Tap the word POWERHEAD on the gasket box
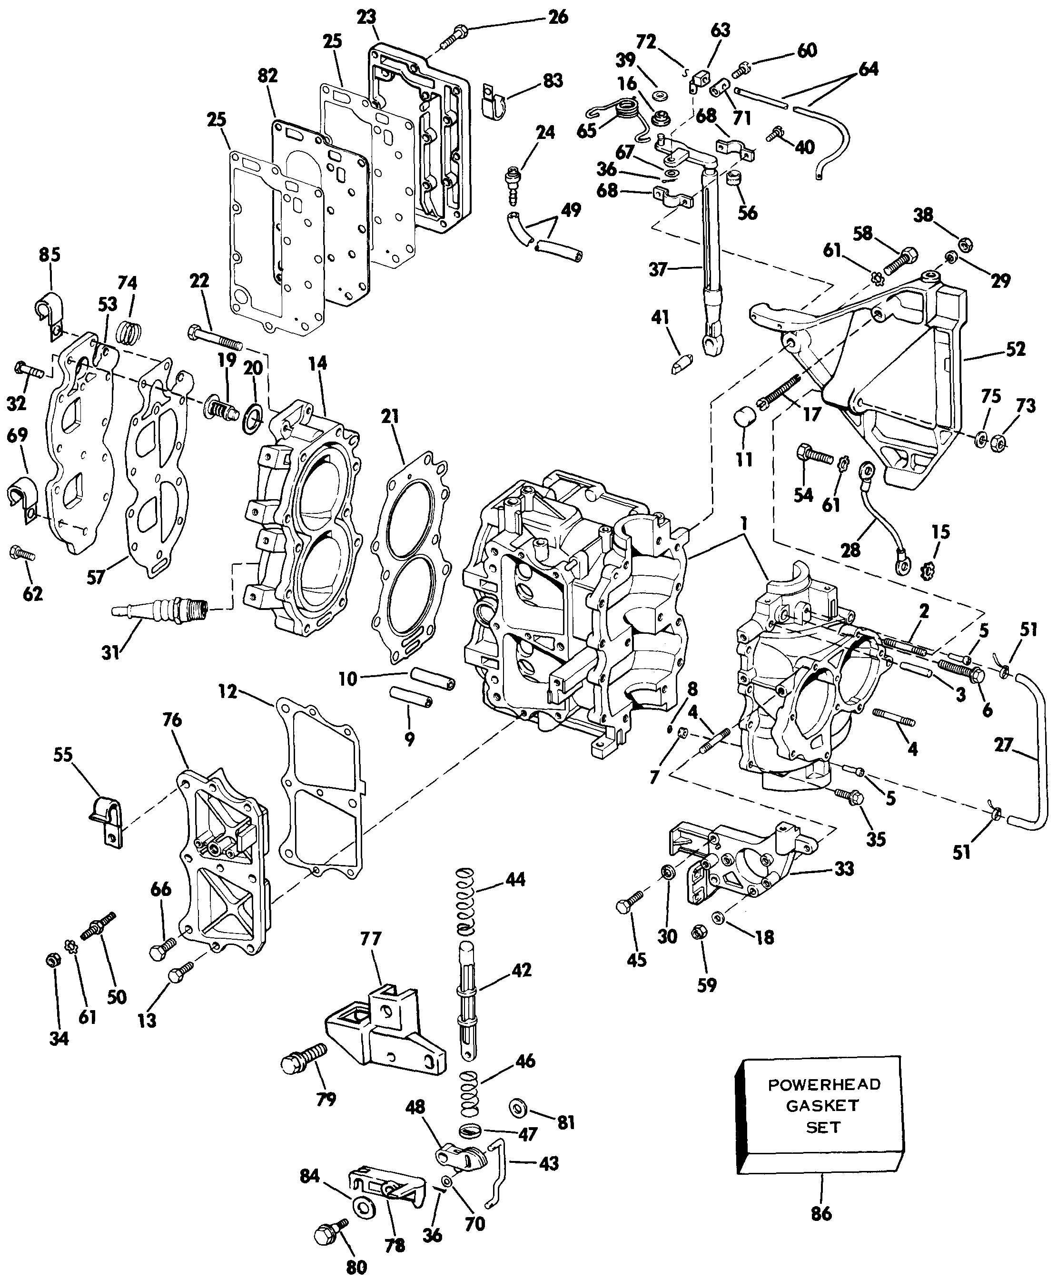click(x=824, y=1084)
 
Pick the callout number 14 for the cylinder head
click(x=317, y=364)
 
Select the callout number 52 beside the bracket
click(x=1015, y=349)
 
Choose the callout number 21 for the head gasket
click(x=390, y=416)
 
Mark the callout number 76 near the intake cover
click(x=172, y=720)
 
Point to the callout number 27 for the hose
click(x=1003, y=745)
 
